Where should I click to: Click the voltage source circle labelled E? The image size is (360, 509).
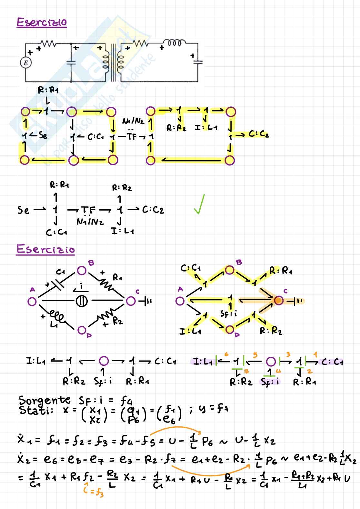pyautogui.click(x=26, y=63)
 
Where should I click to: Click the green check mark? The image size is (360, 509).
pyautogui.click(x=199, y=205)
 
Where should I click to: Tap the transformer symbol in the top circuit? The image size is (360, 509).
pyautogui.click(x=113, y=62)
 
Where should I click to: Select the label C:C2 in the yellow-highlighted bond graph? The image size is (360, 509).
pyautogui.click(x=259, y=134)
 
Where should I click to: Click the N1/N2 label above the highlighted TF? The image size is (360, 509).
pyautogui.click(x=133, y=121)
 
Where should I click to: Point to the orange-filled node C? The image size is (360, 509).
pyautogui.click(x=278, y=301)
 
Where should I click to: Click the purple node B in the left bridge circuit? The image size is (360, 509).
pyautogui.click(x=82, y=270)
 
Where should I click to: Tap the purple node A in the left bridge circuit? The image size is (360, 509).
pyautogui.click(x=32, y=301)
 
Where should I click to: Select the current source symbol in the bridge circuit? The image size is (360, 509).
pyautogui.click(x=81, y=301)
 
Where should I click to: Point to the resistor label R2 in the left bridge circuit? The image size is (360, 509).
pyautogui.click(x=118, y=321)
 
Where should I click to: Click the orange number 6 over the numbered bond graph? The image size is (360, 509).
pyautogui.click(x=226, y=354)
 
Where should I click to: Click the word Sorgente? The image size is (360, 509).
pyautogui.click(x=45, y=400)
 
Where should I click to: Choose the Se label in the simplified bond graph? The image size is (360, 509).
pyautogui.click(x=23, y=210)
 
